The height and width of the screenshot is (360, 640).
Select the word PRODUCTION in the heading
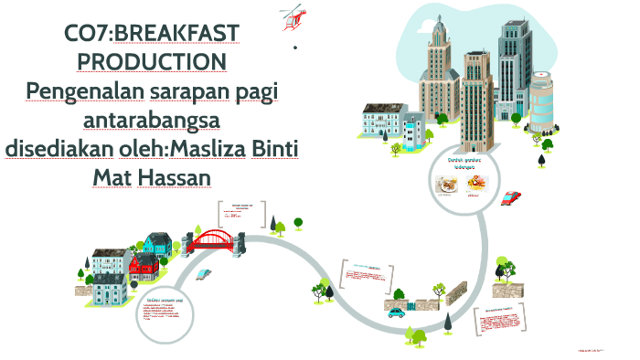pyautogui.click(x=152, y=61)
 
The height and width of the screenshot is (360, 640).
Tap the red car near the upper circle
pyautogui.click(x=512, y=196)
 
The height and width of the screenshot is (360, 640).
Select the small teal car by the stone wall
pyautogui.click(x=396, y=312)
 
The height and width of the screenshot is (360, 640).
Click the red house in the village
pyautogui.click(x=144, y=266)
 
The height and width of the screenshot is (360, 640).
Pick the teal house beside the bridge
pyautogui.click(x=157, y=242)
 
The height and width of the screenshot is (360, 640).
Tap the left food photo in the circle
pyautogui.click(x=447, y=182)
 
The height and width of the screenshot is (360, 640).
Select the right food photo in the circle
pyautogui.click(x=475, y=182)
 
